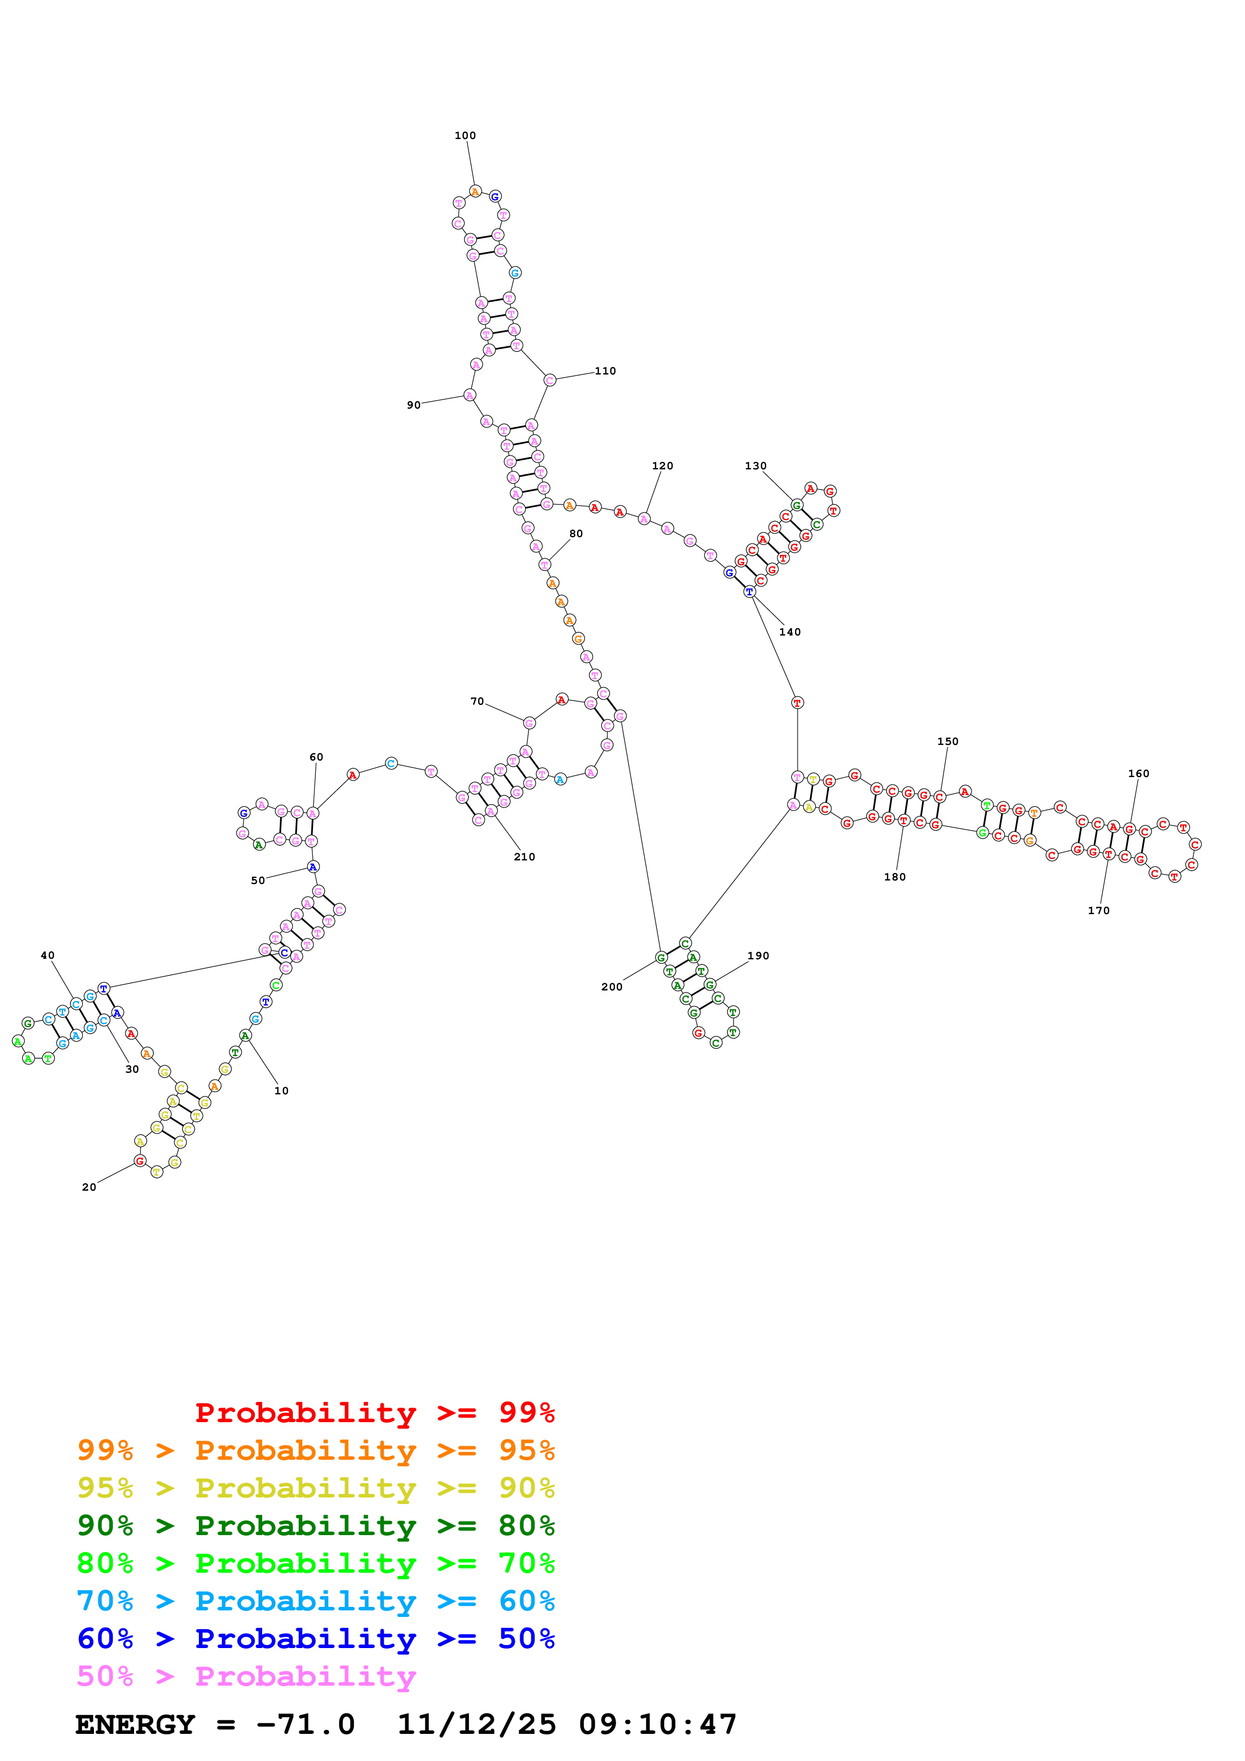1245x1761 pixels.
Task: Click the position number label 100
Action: pyautogui.click(x=465, y=136)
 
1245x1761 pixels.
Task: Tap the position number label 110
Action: pyautogui.click(x=605, y=371)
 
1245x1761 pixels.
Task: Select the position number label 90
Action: pyautogui.click(x=413, y=405)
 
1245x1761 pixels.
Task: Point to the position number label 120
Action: pyautogui.click(x=662, y=465)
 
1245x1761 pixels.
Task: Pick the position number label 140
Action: pyautogui.click(x=789, y=632)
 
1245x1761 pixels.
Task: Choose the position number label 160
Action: pyautogui.click(x=1139, y=774)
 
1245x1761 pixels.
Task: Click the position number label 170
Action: pyautogui.click(x=1098, y=911)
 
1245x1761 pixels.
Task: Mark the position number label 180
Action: pyautogui.click(x=894, y=876)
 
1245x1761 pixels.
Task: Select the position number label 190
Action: pyautogui.click(x=758, y=956)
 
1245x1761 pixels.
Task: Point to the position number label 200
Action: pyautogui.click(x=611, y=987)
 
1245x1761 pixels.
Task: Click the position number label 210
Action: pyautogui.click(x=524, y=857)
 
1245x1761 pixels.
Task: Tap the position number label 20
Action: pyautogui.click(x=89, y=1187)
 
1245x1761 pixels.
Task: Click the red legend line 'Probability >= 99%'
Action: pyautogui.click(x=374, y=1413)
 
